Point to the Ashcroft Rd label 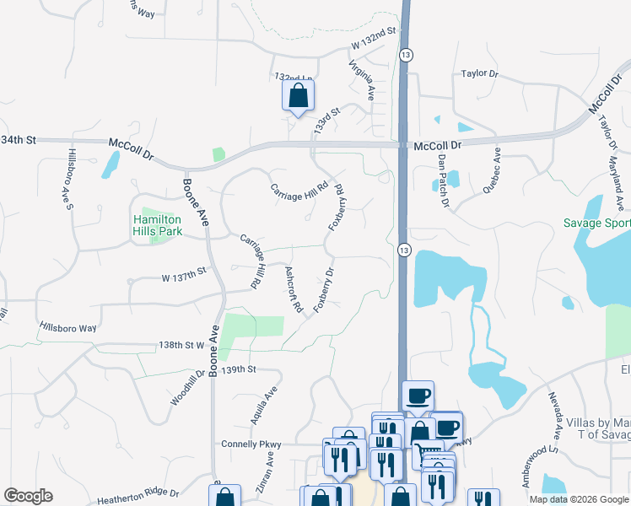[294, 290]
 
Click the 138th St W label [181, 345]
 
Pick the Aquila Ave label [270, 404]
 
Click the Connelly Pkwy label [250, 444]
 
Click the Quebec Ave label [492, 171]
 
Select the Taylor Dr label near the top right [480, 74]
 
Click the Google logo [28, 496]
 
